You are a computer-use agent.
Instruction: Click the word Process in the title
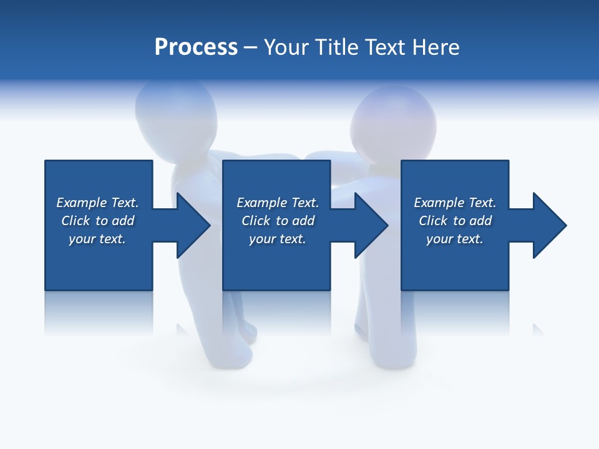click(196, 47)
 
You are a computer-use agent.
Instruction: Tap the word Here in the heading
click(436, 47)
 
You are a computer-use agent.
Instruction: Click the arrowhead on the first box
click(193, 225)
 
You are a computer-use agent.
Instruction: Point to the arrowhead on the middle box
click(371, 225)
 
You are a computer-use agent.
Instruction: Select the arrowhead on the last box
click(550, 225)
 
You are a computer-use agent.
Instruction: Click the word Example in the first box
click(81, 203)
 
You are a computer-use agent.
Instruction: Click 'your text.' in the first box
click(97, 239)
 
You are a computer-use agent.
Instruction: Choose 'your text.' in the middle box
click(277, 239)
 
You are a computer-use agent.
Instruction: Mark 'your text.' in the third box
click(455, 239)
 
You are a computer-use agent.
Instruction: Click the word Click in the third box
click(433, 221)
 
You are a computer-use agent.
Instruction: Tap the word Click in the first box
click(75, 221)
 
